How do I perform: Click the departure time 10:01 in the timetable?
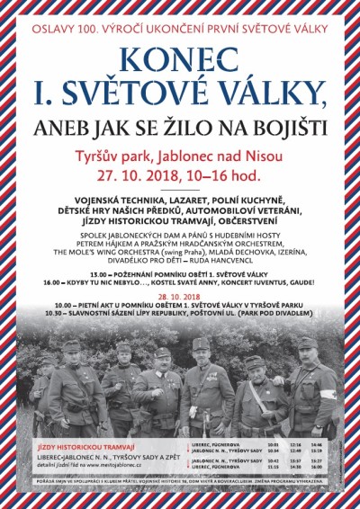tap(273, 445)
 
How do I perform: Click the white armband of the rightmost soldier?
tap(331, 393)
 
